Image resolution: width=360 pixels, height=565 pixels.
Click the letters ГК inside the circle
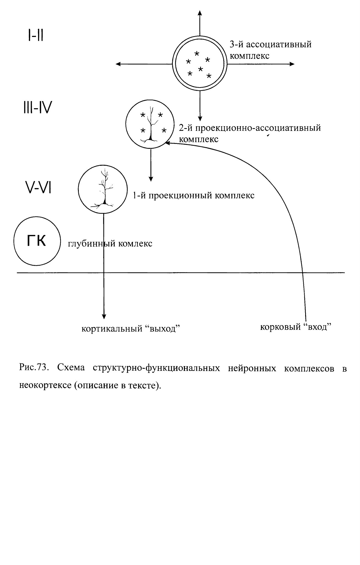tap(36, 241)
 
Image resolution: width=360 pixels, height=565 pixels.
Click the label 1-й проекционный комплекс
tap(193, 195)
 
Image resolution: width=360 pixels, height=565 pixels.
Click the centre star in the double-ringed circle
tap(201, 69)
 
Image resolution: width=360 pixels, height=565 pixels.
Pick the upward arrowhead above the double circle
tap(200, 13)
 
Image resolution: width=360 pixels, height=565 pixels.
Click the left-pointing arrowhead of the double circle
tap(118, 64)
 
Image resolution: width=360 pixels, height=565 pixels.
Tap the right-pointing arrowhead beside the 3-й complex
tap(292, 64)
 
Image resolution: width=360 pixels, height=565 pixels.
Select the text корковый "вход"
tap(295, 327)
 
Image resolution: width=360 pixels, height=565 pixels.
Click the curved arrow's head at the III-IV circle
tap(167, 143)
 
